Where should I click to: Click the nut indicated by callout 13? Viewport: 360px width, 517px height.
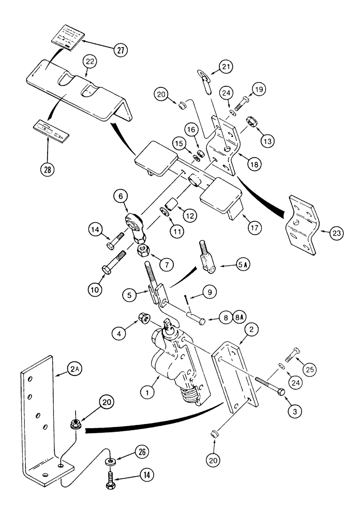[x=254, y=124]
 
